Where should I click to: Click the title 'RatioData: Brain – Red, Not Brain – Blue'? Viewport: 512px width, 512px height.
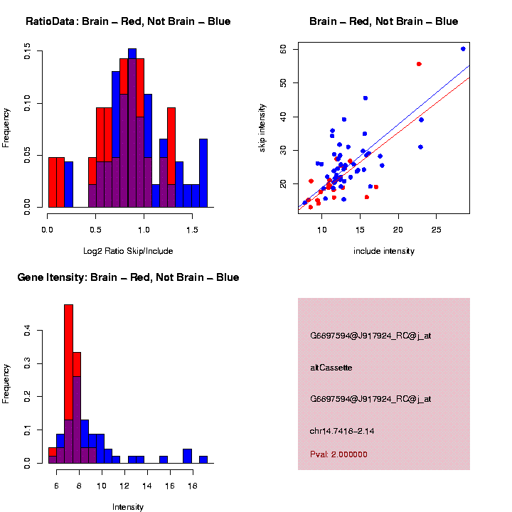128,21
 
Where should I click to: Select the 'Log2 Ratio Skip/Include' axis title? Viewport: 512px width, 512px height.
128,251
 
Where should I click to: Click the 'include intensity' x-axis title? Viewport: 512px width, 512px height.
383,251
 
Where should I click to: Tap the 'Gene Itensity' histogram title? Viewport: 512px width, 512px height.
128,277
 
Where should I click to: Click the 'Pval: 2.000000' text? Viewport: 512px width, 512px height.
338,454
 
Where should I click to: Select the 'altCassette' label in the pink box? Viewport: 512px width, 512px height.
331,368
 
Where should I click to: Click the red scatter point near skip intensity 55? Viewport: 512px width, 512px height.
419,64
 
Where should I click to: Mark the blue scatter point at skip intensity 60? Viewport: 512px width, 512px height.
463,49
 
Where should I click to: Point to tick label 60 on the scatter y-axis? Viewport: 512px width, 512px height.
283,49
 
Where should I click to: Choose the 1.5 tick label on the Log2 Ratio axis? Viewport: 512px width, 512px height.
191,230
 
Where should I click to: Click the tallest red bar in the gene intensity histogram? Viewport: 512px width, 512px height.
69,356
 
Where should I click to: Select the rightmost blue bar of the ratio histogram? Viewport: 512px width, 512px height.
203,173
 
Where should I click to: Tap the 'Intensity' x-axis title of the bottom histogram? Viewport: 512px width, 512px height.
128,507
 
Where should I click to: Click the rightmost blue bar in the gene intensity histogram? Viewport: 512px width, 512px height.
203,459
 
